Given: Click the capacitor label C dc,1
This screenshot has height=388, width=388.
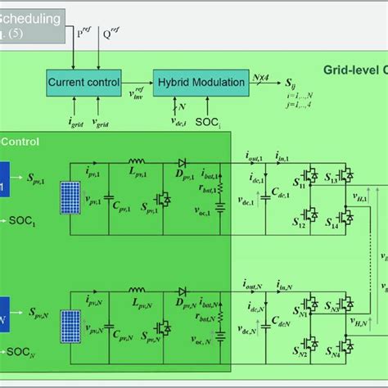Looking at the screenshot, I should [282, 192].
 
